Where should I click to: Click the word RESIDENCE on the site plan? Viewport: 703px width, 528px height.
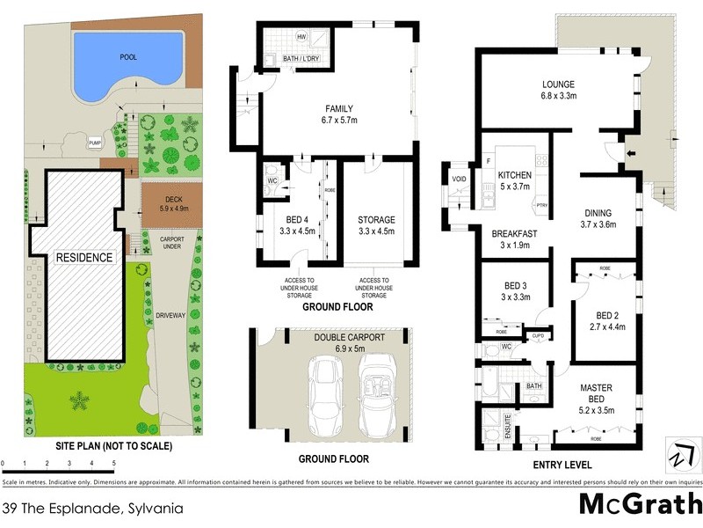click(84, 258)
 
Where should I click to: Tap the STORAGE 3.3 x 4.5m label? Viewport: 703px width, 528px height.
click(376, 225)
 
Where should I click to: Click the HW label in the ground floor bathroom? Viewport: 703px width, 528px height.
click(301, 37)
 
